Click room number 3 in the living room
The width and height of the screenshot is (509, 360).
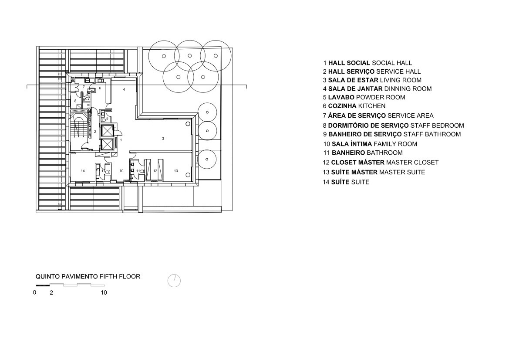coord(163,139)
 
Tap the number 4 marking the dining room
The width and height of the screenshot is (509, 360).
coord(124,89)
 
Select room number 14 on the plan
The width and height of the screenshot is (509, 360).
coord(83,171)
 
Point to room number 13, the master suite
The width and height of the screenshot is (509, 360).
coord(176,171)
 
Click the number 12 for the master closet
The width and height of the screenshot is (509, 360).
coord(155,171)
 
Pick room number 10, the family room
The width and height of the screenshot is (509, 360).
coord(121,171)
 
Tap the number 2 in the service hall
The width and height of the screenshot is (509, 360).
coord(95,132)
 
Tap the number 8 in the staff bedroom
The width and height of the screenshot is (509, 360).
coord(75,101)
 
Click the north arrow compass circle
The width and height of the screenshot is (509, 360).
coord(174,281)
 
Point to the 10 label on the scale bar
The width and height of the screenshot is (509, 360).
coord(104,292)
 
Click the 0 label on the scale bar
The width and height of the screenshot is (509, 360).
coord(35,292)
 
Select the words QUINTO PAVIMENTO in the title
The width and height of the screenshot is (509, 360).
coord(67,276)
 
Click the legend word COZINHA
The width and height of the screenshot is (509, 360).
coord(342,106)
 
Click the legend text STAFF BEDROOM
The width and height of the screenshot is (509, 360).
coord(437,126)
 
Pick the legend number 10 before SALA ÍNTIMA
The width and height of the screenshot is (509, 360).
coord(327,144)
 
